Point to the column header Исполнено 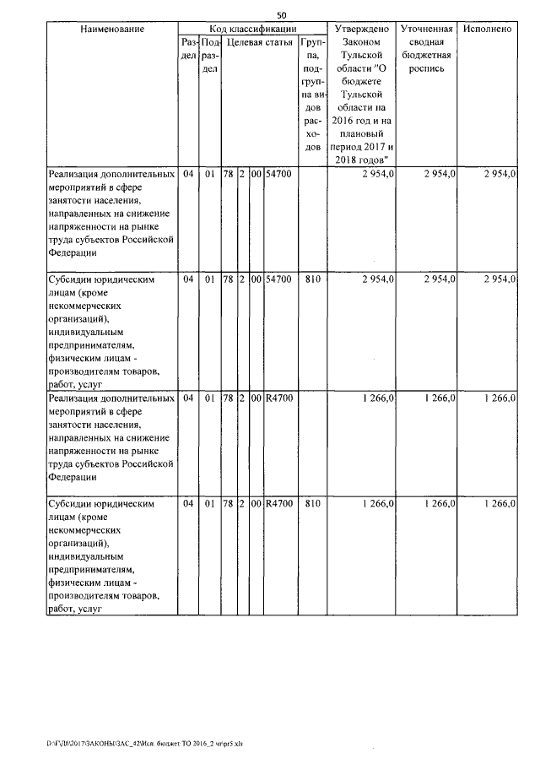[x=488, y=30]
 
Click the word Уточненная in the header [x=427, y=30]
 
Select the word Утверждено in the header [x=361, y=30]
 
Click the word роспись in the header [x=427, y=68]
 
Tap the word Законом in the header [x=361, y=42]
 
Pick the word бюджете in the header [x=361, y=82]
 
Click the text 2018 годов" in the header [x=361, y=160]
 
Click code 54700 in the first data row [x=279, y=174]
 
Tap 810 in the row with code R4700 [x=312, y=503]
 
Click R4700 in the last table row [x=279, y=503]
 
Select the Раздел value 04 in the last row [x=188, y=503]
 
